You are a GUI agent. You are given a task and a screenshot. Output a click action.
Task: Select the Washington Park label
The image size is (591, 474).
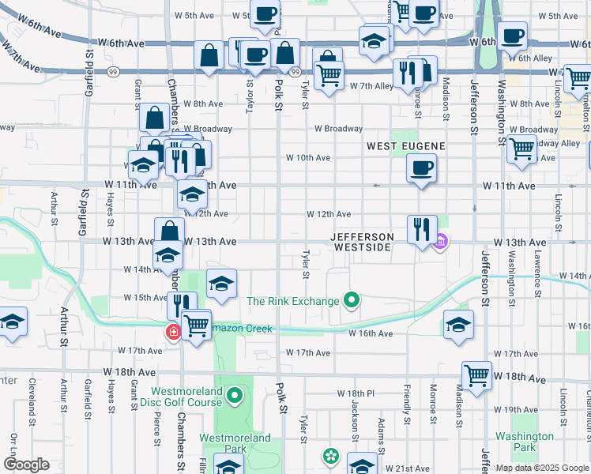coord(524,441)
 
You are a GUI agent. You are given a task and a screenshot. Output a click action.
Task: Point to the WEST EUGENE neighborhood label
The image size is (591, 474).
coord(406,146)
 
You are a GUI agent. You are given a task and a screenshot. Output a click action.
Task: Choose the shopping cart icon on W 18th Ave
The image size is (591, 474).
coord(477,376)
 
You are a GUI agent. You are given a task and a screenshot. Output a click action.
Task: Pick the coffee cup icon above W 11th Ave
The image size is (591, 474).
coord(421,167)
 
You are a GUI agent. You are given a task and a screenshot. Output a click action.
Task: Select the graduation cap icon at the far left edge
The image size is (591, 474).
coord(12,322)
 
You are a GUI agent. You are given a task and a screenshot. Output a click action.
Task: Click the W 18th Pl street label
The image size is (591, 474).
coord(355,393)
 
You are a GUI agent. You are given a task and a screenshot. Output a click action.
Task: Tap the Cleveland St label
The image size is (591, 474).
coord(32,398)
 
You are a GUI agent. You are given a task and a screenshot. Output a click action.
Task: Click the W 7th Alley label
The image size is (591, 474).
coord(371,85)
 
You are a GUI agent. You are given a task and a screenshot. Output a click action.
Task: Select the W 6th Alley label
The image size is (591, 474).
coord(530,58)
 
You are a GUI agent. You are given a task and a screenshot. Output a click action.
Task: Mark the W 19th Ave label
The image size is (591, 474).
coord(520,409)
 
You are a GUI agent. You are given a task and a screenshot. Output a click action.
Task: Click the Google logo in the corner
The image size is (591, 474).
coord(26,465)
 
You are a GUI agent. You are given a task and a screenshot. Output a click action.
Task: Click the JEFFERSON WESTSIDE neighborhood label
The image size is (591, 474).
coord(361,242)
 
